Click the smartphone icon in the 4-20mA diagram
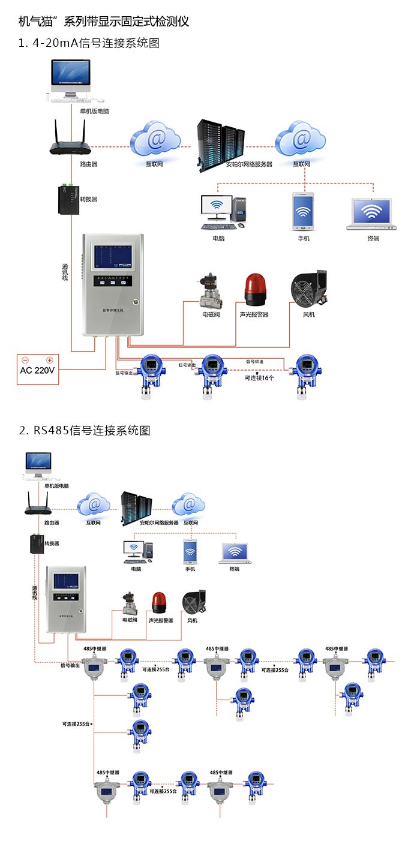(303, 212)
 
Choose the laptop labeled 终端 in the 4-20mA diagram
(373, 214)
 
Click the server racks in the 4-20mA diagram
(221, 144)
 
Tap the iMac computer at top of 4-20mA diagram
(71, 79)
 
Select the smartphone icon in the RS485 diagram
(190, 551)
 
